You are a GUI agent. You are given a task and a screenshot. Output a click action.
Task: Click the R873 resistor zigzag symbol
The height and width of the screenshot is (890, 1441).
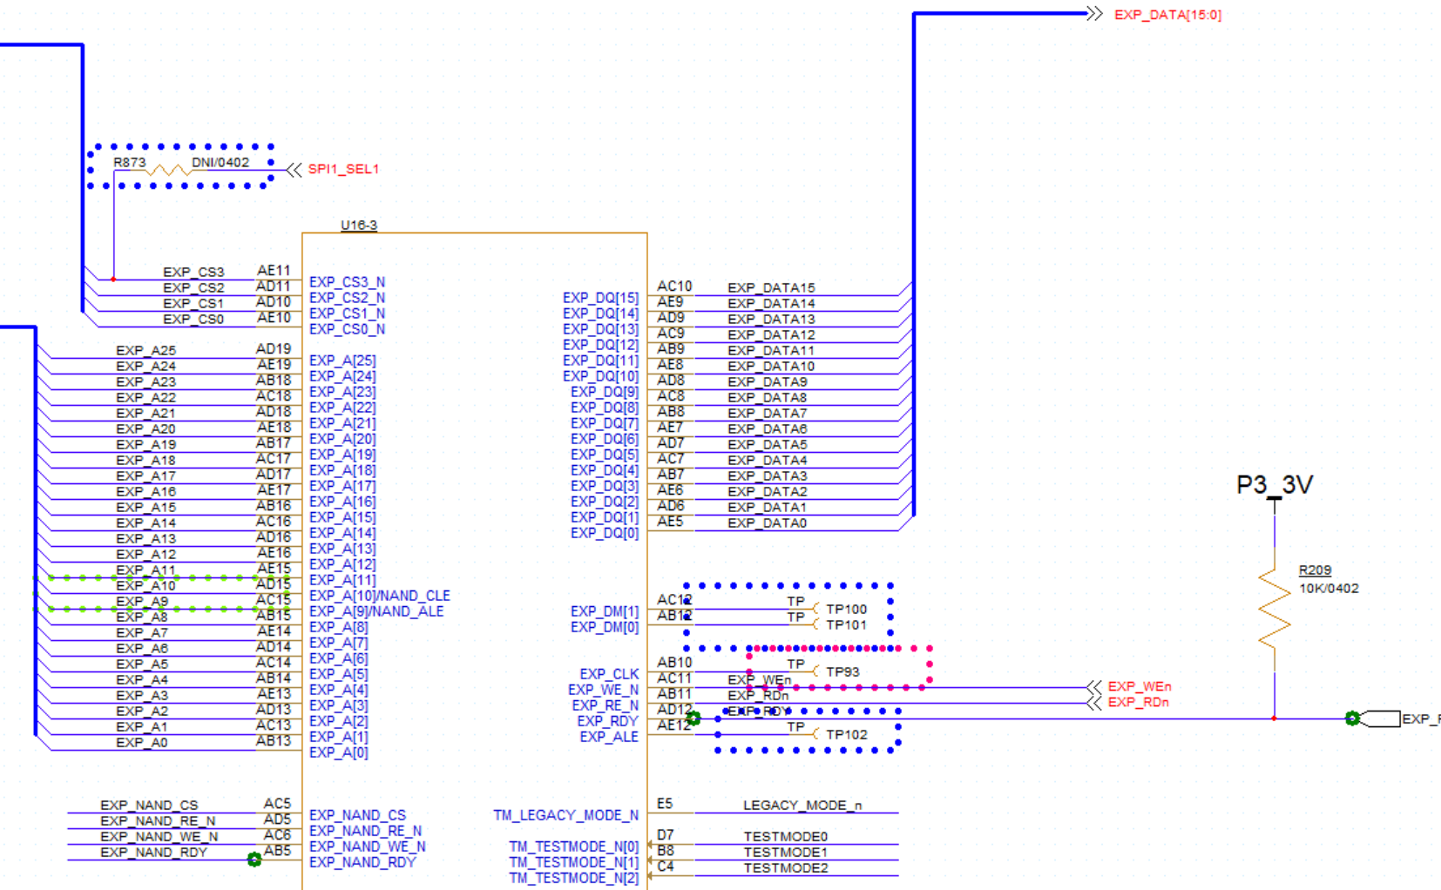tap(166, 170)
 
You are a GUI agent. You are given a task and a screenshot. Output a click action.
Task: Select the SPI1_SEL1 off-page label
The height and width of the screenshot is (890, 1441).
tap(343, 169)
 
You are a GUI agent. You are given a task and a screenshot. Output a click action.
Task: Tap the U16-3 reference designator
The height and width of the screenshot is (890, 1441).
tap(359, 225)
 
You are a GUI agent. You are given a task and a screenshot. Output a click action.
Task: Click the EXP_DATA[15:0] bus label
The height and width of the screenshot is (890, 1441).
tap(1167, 15)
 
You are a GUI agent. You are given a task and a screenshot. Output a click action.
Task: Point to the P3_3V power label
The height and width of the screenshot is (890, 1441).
tap(1274, 485)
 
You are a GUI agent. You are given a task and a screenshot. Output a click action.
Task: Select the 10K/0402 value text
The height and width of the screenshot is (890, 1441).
tap(1329, 589)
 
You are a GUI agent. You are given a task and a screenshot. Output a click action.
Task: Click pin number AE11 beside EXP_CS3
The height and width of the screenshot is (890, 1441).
tap(274, 271)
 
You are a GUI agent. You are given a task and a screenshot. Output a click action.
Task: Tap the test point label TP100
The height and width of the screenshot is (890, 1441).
tap(846, 610)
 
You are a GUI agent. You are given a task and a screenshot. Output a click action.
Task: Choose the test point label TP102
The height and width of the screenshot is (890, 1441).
tap(846, 735)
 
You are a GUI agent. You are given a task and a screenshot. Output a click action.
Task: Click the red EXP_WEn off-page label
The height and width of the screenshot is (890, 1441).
tap(1139, 686)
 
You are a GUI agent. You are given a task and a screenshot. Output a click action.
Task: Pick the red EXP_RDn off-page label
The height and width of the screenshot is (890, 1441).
tap(1138, 702)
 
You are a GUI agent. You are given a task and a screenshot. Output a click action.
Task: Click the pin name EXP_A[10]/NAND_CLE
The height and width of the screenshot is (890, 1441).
tap(380, 596)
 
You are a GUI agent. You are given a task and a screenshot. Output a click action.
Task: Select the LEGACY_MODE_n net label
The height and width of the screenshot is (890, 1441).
tap(802, 806)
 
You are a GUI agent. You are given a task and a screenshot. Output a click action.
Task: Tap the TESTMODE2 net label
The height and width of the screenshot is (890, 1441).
tap(786, 868)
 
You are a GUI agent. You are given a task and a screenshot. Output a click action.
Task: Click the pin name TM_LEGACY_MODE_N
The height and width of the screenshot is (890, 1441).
tap(565, 815)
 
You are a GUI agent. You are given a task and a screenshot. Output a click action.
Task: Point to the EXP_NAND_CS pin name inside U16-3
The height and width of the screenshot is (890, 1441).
tap(357, 815)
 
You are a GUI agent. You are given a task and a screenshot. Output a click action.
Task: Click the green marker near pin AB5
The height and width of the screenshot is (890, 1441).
tap(254, 860)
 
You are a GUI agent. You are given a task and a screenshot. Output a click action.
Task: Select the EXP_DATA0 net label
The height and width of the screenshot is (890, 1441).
tap(767, 523)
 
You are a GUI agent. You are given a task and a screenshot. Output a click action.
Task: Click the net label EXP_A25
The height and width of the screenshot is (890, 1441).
tap(145, 351)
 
